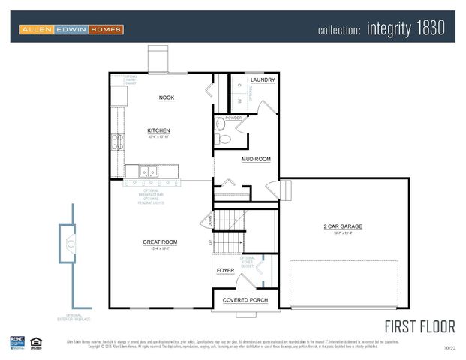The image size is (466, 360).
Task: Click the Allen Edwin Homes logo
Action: pos(71,29)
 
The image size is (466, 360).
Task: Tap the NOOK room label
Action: pos(167,97)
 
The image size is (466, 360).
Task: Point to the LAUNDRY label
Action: pos(263,79)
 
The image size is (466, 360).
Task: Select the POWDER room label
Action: pos(233,118)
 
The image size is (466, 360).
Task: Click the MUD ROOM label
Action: pos(256,159)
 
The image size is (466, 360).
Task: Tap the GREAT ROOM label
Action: pos(160,241)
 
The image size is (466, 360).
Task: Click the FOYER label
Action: pos(226,270)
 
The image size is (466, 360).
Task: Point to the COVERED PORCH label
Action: pos(245,300)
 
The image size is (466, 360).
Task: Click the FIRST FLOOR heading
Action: pos(419,326)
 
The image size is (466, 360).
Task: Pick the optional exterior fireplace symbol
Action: pos(71,241)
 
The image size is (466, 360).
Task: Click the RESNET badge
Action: pos(17,342)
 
